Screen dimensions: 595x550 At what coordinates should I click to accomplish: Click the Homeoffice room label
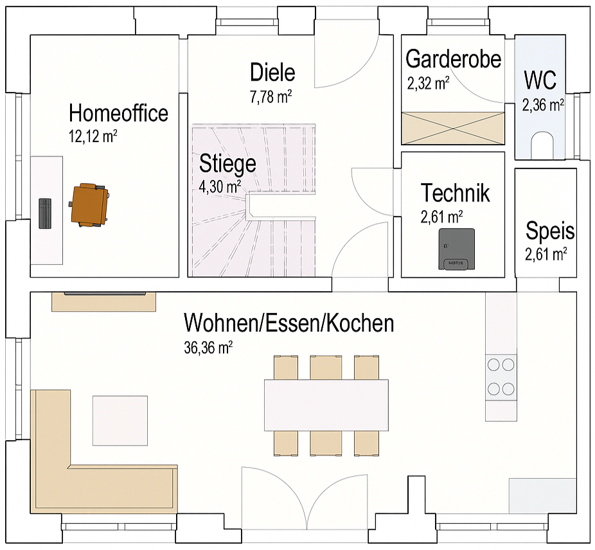click(x=118, y=113)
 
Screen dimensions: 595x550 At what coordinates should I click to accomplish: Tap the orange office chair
click(x=89, y=204)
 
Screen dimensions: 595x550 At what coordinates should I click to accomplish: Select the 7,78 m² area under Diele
click(x=272, y=97)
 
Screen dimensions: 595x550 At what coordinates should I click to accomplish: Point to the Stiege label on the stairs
click(x=227, y=163)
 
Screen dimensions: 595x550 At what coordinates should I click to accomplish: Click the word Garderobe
click(x=454, y=58)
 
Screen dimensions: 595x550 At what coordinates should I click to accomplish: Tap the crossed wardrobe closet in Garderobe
click(x=453, y=128)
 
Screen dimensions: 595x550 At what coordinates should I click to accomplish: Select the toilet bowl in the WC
click(x=544, y=146)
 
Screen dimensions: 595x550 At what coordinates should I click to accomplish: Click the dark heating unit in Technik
click(x=456, y=249)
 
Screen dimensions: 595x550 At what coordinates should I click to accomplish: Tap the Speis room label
click(x=550, y=230)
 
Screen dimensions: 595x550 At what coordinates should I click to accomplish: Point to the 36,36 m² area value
click(x=208, y=348)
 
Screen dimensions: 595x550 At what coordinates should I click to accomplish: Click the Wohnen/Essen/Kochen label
click(x=289, y=323)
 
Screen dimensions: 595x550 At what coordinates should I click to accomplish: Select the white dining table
click(x=326, y=405)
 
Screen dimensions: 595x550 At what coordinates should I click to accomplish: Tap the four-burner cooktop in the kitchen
click(x=501, y=377)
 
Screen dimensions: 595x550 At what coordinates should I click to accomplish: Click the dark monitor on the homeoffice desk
click(x=45, y=213)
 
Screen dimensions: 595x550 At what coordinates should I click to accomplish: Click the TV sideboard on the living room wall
click(x=104, y=301)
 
